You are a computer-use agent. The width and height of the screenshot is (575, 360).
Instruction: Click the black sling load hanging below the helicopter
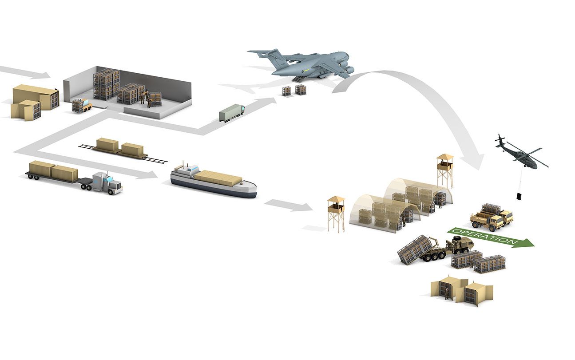tap(519, 196)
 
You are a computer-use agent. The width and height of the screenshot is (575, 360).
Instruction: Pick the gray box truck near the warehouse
tap(231, 112)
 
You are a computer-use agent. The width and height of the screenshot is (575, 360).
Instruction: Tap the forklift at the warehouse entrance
tap(81, 105)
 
